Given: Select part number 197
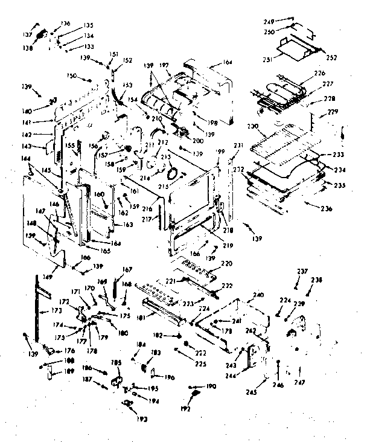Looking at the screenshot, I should (x=163, y=64).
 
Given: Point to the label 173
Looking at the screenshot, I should (x=56, y=310).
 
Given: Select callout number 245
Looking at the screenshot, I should (x=251, y=392).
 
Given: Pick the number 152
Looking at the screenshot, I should (x=127, y=60).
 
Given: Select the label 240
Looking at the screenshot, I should (x=258, y=295).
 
